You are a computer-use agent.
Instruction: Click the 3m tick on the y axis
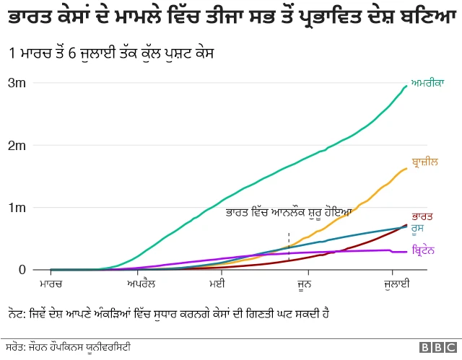(x=17, y=83)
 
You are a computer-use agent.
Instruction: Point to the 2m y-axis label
(x=17, y=146)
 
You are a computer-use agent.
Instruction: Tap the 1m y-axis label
(x=17, y=208)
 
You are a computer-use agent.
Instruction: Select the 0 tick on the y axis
(x=22, y=270)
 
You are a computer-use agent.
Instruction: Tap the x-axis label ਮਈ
(x=217, y=286)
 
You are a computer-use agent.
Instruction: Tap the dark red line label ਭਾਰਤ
(x=422, y=216)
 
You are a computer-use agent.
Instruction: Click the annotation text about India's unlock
(x=288, y=212)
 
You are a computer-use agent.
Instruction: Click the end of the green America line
(x=406, y=87)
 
